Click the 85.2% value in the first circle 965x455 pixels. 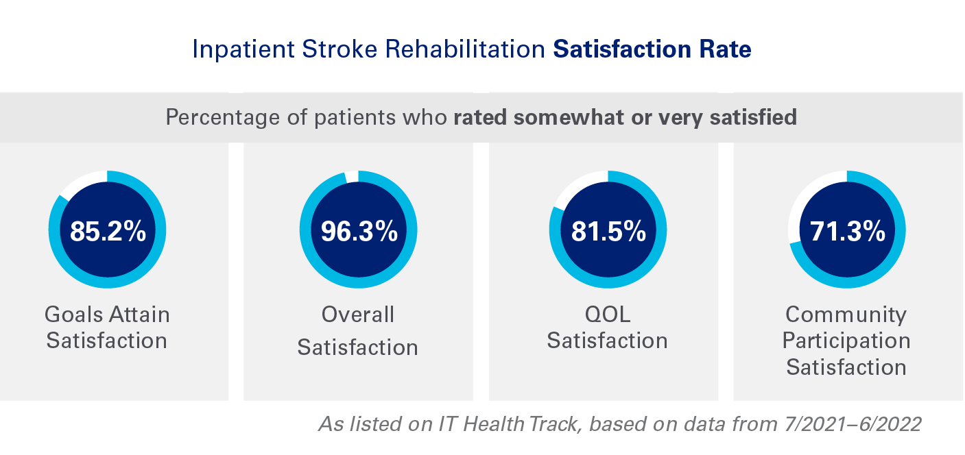click(108, 232)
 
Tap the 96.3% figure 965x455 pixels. click(359, 232)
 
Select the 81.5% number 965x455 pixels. click(608, 232)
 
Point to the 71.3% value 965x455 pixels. click(847, 232)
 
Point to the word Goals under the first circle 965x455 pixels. click(73, 315)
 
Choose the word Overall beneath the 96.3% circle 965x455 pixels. click(358, 315)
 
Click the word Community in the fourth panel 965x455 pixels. click(846, 315)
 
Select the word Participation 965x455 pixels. click(846, 341)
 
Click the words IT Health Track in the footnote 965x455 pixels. click(511, 423)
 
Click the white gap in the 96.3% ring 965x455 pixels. click(351, 177)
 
